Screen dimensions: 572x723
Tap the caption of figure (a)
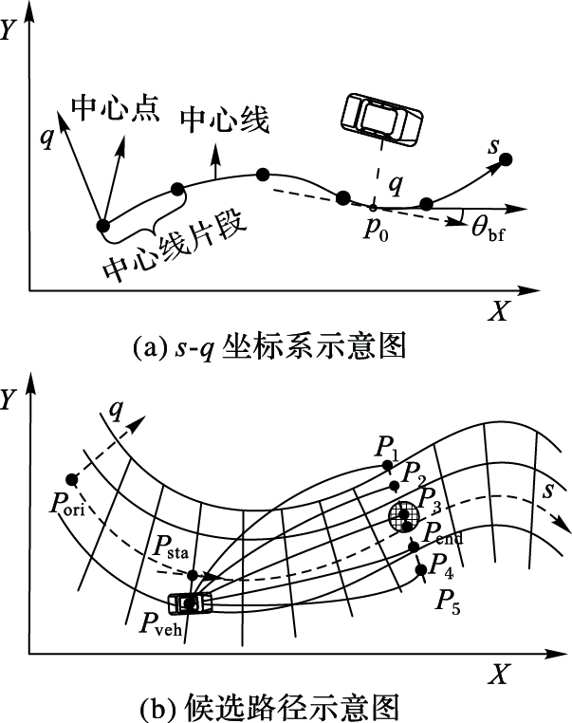tap(269, 347)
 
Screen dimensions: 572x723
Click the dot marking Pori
tap(70, 479)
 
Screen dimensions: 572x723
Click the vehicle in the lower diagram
tap(192, 602)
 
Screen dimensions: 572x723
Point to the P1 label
tap(385, 446)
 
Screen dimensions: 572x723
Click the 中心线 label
tap(225, 120)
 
